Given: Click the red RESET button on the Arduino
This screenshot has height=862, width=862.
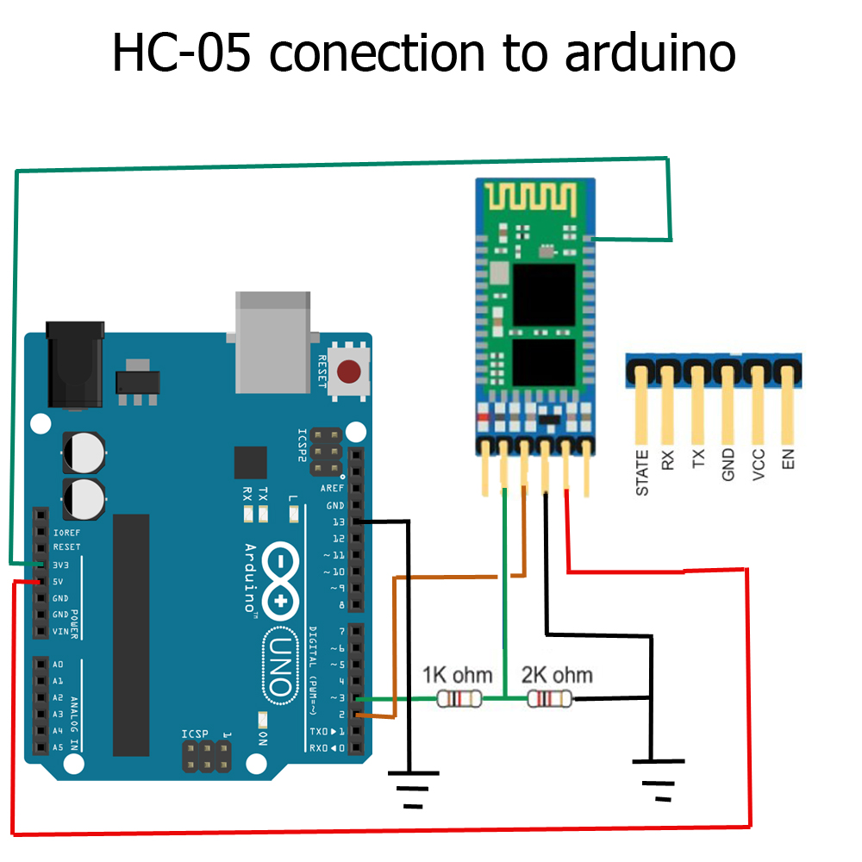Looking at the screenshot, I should click(348, 372).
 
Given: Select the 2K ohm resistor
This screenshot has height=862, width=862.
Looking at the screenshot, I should click(549, 699).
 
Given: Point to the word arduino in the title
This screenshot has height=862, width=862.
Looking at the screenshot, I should click(650, 53).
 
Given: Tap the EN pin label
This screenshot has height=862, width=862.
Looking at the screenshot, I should click(787, 457).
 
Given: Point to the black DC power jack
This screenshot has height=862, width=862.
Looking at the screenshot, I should click(75, 362).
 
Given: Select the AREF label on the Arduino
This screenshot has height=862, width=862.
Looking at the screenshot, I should click(332, 489).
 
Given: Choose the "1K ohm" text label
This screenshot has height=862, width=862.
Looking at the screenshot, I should click(457, 674).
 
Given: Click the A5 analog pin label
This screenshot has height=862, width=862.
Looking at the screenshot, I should click(58, 747).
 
